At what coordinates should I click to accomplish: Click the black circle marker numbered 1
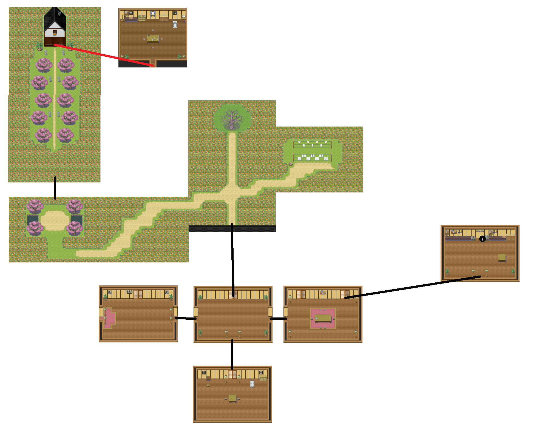tap(482, 239)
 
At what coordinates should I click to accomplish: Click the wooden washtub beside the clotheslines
tap(291, 164)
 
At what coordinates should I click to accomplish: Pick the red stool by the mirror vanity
tap(184, 21)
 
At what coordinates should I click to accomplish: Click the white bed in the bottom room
tap(252, 384)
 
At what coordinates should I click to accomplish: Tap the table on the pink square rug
tap(323, 318)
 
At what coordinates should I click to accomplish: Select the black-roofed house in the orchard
tap(55, 27)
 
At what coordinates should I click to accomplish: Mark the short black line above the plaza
tap(55, 188)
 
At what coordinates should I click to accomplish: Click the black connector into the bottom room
tap(232, 354)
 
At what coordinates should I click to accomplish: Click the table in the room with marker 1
tap(502, 257)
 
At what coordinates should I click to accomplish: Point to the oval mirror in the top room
tap(183, 16)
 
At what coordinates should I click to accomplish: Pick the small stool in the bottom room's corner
tap(208, 385)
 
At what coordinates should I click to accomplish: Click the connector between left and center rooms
tap(186, 319)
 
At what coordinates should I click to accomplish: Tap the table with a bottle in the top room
tap(153, 39)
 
